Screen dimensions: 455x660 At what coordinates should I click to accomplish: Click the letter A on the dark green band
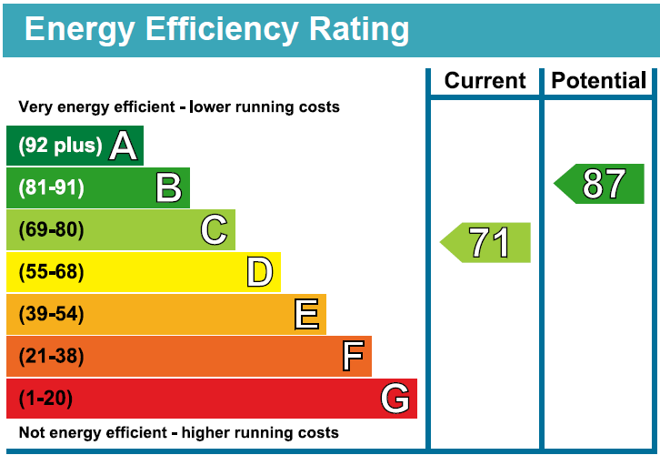124,146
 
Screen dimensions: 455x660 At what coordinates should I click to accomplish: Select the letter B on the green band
169,188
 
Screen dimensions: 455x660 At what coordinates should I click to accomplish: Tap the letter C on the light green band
215,230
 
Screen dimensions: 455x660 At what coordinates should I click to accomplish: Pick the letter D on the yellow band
260,272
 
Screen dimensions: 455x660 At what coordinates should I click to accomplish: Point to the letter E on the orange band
306,314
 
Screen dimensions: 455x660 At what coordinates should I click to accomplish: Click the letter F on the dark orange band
353,356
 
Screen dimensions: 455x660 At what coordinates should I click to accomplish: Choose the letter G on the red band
395,399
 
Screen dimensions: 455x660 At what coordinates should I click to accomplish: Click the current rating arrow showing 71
486,243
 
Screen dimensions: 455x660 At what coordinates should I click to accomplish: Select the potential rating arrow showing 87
601,184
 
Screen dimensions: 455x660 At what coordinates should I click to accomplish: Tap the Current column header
485,81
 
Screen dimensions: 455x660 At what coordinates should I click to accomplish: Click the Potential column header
599,81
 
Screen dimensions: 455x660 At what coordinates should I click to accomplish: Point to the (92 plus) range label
60,146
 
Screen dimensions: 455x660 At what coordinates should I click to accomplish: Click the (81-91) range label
51,188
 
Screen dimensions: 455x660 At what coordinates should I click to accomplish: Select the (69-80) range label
51,230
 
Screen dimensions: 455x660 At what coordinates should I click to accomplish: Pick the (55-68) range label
51,272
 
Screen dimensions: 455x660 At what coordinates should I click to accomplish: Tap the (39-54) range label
51,314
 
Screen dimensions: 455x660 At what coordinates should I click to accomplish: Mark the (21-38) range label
51,356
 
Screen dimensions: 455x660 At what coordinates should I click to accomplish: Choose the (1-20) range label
45,399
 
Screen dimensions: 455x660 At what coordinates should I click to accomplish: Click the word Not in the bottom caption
33,433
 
